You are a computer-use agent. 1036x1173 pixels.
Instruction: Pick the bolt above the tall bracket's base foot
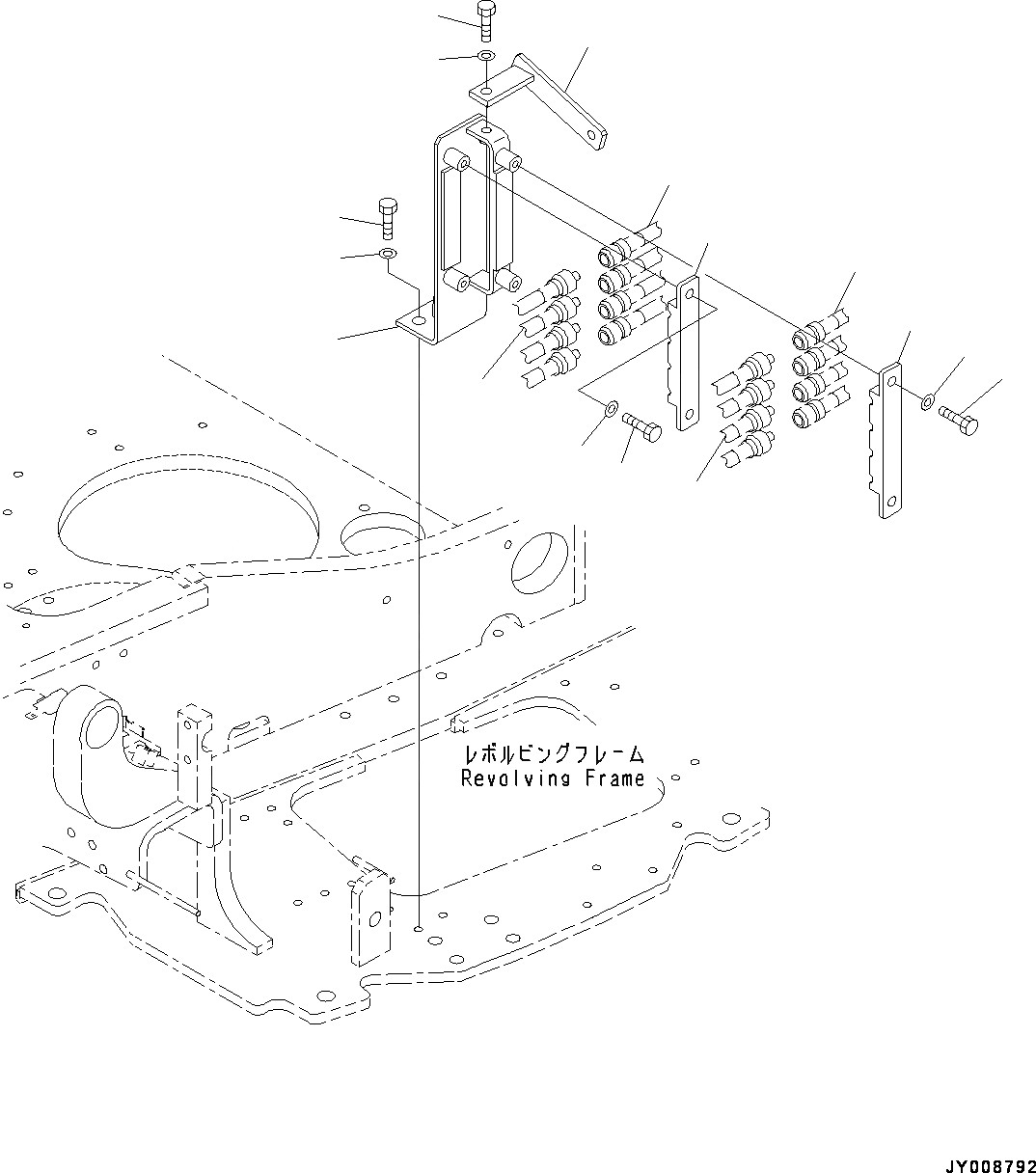click(x=388, y=217)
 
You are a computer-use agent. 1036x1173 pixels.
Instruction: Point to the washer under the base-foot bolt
click(x=388, y=254)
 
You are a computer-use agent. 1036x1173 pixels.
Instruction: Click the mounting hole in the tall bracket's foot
click(x=419, y=320)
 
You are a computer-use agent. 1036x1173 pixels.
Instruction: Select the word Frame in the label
click(x=614, y=778)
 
